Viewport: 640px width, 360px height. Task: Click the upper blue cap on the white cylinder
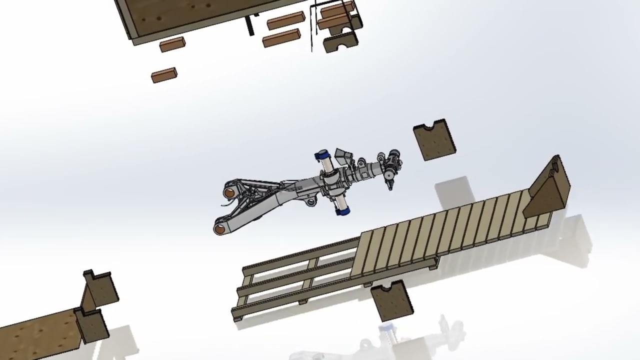pos(320,155)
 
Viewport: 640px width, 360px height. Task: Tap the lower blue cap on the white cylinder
pos(342,212)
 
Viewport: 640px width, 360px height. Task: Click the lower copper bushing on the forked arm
pos(219,229)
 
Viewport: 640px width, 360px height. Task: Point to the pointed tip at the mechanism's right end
pos(390,188)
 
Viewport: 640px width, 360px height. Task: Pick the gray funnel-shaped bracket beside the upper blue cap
pos(342,156)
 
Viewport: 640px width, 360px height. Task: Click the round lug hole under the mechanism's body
pos(311,202)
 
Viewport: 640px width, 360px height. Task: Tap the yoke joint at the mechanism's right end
pos(391,163)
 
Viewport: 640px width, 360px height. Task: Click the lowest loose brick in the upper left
pos(164,75)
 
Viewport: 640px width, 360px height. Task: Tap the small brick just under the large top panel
pos(172,44)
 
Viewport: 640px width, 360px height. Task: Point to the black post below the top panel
pos(249,26)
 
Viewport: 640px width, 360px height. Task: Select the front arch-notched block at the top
pos(340,42)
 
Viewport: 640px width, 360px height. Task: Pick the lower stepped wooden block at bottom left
pos(93,325)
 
